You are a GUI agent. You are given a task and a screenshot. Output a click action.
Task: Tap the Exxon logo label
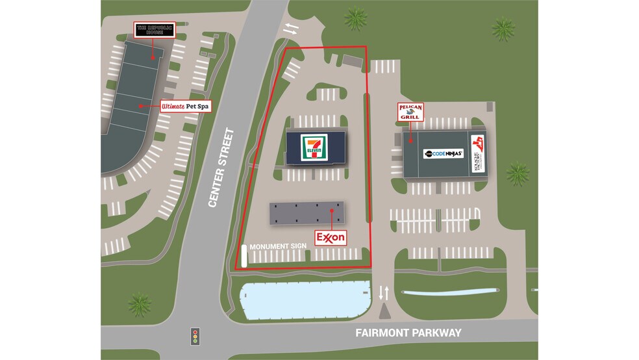[331, 238]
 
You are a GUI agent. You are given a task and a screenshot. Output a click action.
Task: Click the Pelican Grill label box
[410, 112]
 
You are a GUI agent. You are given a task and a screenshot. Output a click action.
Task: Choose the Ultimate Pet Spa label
[186, 106]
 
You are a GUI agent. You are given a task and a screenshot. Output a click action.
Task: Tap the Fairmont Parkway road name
[408, 333]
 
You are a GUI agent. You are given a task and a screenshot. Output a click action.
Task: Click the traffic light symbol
[194, 336]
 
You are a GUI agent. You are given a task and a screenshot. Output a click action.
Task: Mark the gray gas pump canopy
[307, 214]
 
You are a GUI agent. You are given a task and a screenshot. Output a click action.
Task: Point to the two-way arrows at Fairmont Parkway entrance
[384, 292]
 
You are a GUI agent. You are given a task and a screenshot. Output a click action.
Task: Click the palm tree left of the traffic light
[140, 304]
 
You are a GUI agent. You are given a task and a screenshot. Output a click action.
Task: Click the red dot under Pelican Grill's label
[410, 137]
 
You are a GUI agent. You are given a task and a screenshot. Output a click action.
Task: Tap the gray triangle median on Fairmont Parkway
[384, 311]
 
